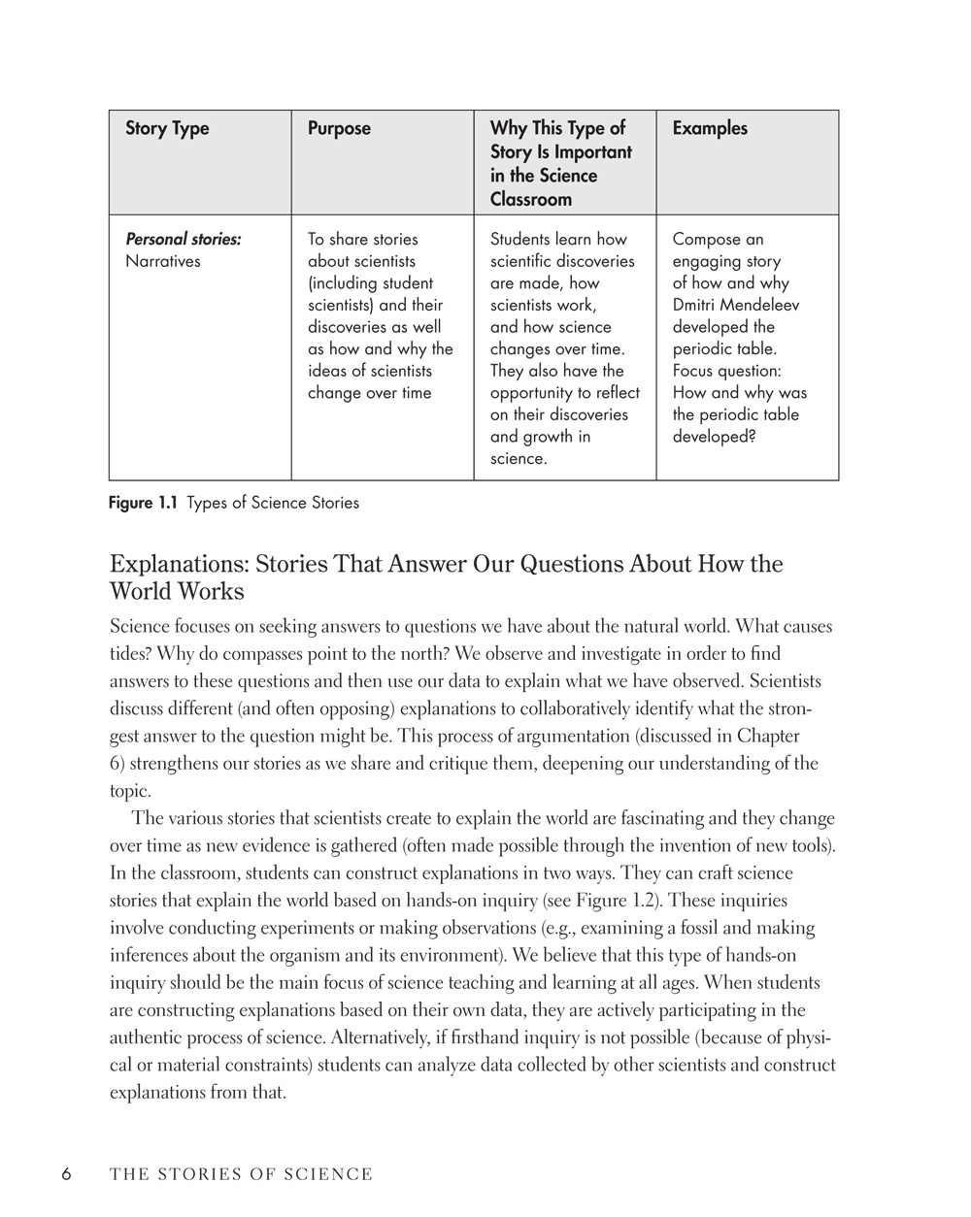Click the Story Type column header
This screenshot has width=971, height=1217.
coord(167,128)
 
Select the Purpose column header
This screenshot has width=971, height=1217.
coord(339,128)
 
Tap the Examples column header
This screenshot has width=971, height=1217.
coord(710,128)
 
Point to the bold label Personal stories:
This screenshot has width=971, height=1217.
coord(184,239)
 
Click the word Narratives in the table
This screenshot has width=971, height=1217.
coord(163,261)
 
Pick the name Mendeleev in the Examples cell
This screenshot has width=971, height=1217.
coord(760,305)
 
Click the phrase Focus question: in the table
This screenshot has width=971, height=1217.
coord(727,371)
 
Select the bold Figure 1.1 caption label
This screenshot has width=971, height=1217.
coord(143,503)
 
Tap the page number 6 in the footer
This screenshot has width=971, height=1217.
coord(67,1174)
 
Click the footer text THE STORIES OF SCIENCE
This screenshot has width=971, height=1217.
coord(241,1174)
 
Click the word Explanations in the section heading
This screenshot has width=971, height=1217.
coord(178,564)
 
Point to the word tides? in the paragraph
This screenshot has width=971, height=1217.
coord(129,654)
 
